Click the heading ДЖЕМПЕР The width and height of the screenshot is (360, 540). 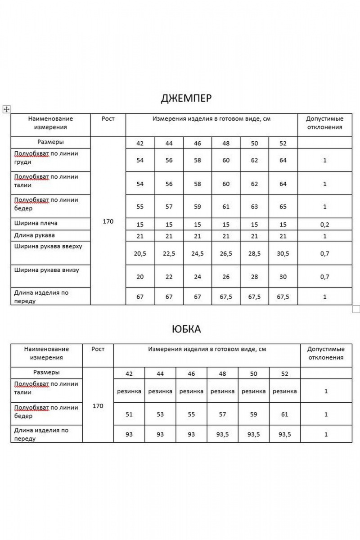coord(186,99)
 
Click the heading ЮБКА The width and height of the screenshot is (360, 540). coord(186,329)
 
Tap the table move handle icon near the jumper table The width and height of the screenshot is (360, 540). coord(6,109)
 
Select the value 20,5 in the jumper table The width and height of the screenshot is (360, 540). coord(140,254)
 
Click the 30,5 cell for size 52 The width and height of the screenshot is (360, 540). coord(283,254)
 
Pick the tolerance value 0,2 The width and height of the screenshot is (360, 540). coord(324,223)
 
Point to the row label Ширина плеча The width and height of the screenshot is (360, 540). coord(36,223)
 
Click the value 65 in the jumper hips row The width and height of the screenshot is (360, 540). coord(283,207)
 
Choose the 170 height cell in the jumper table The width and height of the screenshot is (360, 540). coord(108,221)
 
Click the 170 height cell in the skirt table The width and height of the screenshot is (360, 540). coord(98,406)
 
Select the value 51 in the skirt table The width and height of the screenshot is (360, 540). coord(129,414)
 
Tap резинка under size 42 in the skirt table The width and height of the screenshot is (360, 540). coord(129,391)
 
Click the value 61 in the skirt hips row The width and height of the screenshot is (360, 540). coord(284,414)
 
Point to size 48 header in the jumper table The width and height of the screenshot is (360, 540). coord(226,144)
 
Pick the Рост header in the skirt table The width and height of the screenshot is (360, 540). coord(98,349)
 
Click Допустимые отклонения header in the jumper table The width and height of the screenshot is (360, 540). coord(324,123)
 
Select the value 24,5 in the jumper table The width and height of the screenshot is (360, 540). coord(197,254)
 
